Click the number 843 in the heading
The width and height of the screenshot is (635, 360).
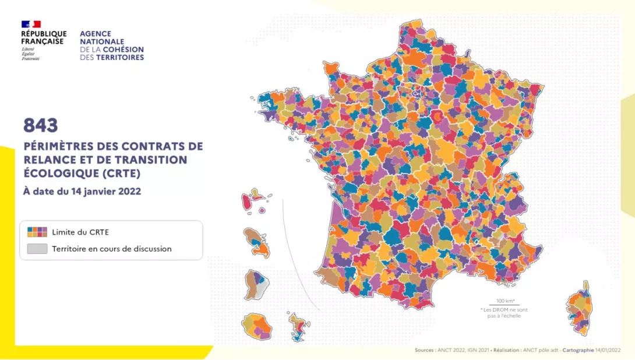pos(41,125)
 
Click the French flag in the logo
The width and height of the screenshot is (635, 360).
pos(31,24)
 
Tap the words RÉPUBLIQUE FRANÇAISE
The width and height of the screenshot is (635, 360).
pos(44,38)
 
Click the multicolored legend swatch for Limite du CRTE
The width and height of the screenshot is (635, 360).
pos(37,231)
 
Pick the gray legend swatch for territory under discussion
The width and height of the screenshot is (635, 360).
pos(37,249)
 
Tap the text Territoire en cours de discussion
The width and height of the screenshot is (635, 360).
pos(112,249)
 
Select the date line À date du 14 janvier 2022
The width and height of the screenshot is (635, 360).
pos(82,190)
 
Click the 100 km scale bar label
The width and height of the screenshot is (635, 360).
pos(505,301)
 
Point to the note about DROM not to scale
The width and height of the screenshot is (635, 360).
pos(504,312)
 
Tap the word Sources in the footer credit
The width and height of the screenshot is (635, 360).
pos(424,351)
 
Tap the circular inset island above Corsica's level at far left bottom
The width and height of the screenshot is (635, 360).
pos(256,326)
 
